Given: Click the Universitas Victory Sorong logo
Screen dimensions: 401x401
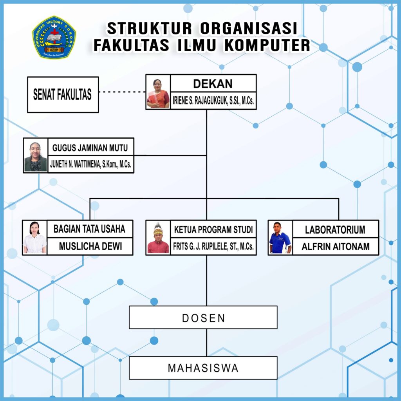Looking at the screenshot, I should [x=54, y=38].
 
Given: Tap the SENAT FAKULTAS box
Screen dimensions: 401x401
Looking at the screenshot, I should [x=63, y=95].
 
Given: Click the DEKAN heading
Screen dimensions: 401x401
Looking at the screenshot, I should [x=213, y=83].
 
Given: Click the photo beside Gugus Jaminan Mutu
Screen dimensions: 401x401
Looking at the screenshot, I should [x=35, y=156].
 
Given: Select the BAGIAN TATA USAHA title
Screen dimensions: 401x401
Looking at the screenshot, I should [x=89, y=229].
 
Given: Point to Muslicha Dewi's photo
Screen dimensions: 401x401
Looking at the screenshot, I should [x=34, y=238].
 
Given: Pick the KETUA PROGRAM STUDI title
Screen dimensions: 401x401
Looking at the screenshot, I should [x=213, y=229].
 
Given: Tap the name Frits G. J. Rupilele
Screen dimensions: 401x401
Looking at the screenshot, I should [x=213, y=247].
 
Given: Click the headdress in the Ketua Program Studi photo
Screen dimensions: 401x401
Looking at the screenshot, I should [x=158, y=227].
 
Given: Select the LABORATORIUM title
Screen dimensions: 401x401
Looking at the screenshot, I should [x=335, y=229].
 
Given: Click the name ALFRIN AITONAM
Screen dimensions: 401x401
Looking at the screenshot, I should [x=335, y=247].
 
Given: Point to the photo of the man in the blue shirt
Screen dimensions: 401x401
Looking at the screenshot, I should [x=280, y=238].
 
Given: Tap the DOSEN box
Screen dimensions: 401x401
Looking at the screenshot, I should [x=203, y=318].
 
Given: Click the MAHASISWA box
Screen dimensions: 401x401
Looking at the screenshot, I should [x=203, y=368].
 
